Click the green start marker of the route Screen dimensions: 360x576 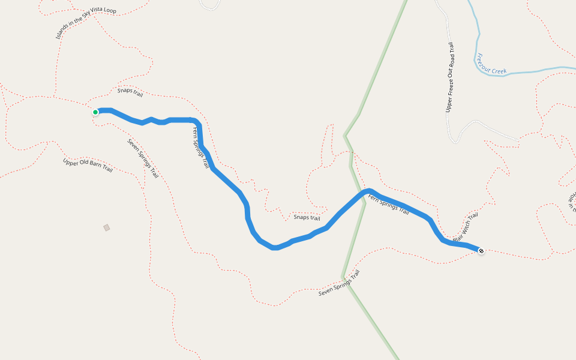click(x=95, y=112)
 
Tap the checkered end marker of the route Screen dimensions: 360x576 click(x=481, y=250)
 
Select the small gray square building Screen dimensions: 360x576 click(x=107, y=227)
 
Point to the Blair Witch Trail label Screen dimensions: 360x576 click(x=466, y=227)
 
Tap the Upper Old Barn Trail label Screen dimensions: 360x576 click(x=88, y=165)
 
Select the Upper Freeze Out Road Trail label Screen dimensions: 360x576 click(x=450, y=77)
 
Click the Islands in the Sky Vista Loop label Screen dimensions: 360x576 click(x=94, y=23)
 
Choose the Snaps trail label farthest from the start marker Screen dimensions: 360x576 click(x=307, y=217)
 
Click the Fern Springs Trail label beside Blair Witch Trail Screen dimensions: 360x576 click(x=388, y=204)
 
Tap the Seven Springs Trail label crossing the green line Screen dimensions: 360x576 click(x=339, y=283)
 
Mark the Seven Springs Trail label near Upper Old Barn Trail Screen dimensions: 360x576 click(x=143, y=158)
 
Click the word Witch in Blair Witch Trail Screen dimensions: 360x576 click(x=466, y=227)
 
